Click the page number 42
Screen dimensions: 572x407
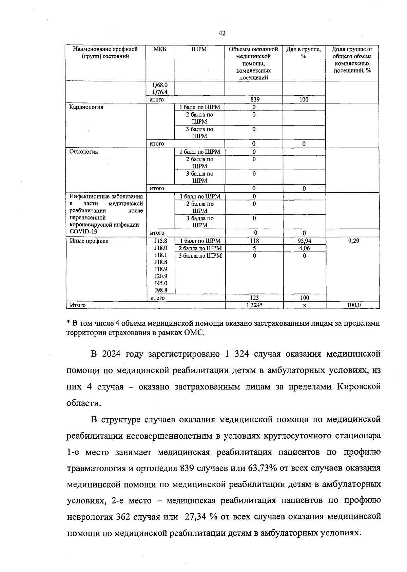pyautogui.click(x=222, y=33)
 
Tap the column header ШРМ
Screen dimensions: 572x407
pyautogui.click(x=199, y=50)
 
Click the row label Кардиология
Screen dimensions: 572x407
pyautogui.click(x=86, y=107)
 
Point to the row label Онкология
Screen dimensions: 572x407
pyautogui.click(x=84, y=152)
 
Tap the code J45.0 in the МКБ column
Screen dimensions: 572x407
pyautogui.click(x=160, y=283)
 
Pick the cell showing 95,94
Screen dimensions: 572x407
pyautogui.click(x=304, y=241)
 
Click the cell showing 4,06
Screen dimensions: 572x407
pyautogui.click(x=304, y=248)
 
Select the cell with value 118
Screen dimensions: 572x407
pyautogui.click(x=254, y=241)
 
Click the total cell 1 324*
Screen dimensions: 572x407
pyautogui.click(x=255, y=305)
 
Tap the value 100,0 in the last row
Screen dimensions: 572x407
pyautogui.click(x=353, y=305)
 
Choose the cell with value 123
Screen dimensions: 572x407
pyautogui.click(x=254, y=298)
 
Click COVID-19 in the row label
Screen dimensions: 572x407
pyautogui.click(x=83, y=231)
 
